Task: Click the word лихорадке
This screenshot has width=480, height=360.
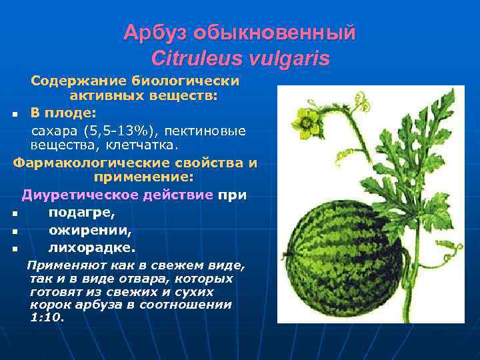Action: coord(91,248)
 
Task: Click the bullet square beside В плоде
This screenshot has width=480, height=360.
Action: coord(14,113)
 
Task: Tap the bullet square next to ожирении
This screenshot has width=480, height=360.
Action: coord(14,232)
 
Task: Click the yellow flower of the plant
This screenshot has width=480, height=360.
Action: coord(307,120)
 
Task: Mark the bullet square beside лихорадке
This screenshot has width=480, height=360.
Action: coord(14,249)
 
